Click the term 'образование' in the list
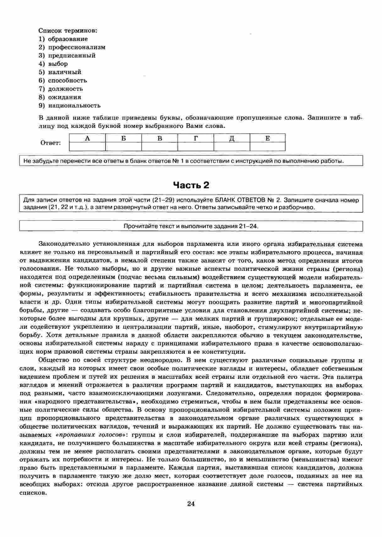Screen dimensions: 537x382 coord(68,39)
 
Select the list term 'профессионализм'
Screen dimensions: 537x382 coord(76,47)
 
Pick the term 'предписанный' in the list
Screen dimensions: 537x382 coord(72,56)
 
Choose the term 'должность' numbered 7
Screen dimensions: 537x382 coord(65,89)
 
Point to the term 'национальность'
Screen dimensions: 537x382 coord(74,105)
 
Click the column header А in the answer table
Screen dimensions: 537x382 coord(87,138)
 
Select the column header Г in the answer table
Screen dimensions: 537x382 coord(196,138)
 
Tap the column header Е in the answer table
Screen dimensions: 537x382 coord(268,138)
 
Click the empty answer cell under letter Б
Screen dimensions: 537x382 coord(123,146)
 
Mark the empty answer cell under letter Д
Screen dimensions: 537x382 coord(232,146)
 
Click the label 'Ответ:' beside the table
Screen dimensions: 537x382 coord(51,143)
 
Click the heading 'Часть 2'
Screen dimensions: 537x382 coord(191,185)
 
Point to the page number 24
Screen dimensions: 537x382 coord(191,504)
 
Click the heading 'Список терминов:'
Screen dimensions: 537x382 coord(68,31)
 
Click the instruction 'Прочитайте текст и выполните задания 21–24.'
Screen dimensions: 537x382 coord(191,226)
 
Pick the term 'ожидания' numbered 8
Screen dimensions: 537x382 coord(64,97)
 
